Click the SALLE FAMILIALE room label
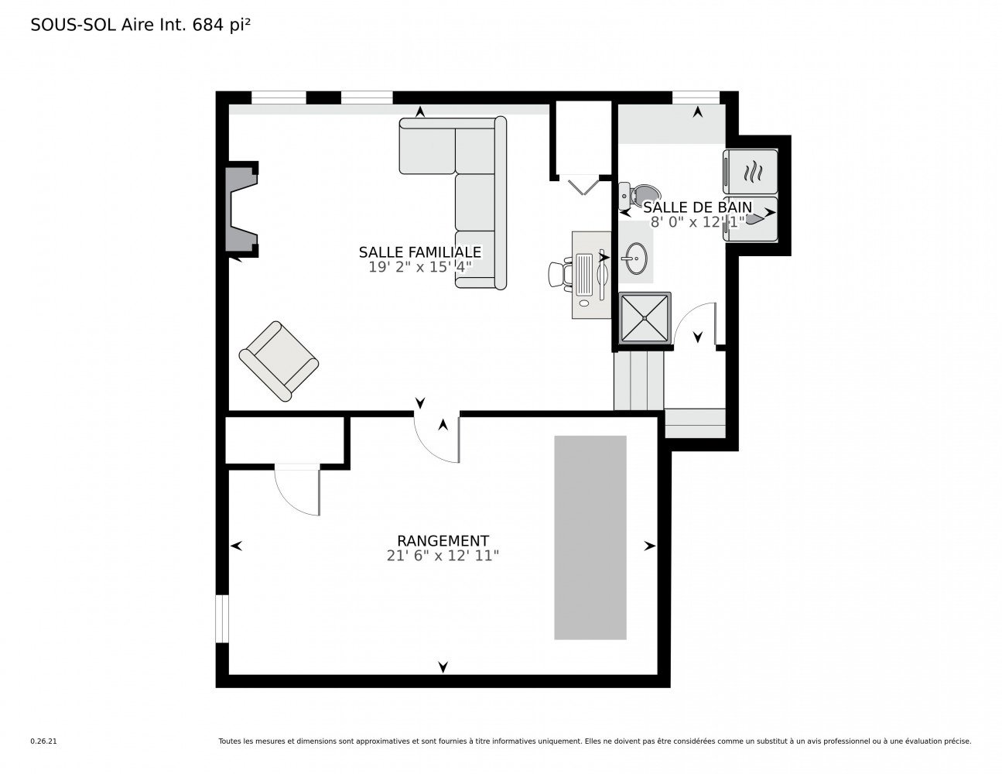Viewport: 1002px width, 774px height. tap(420, 252)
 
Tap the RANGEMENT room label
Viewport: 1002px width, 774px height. tap(443, 541)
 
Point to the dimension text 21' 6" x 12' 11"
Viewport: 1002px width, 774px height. tap(443, 556)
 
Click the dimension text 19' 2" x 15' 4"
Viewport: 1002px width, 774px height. tap(420, 267)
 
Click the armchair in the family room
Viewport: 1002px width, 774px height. tap(279, 361)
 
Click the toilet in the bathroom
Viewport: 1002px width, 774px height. tap(641, 194)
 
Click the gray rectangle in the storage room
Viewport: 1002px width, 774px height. tap(590, 537)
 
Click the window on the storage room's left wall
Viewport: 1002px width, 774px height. tap(222, 618)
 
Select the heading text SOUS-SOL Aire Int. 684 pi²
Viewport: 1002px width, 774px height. tap(140, 26)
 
